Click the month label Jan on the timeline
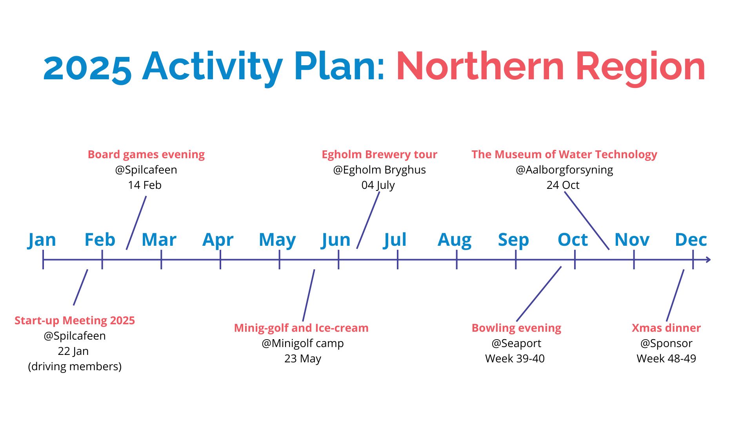tap(42, 240)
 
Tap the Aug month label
tap(455, 240)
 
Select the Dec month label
tap(691, 239)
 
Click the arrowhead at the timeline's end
tap(708, 260)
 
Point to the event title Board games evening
tap(146, 155)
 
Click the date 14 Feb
tap(145, 185)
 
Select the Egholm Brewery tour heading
tap(379, 155)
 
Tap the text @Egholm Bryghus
tap(379, 170)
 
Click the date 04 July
tap(378, 185)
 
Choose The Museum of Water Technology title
tap(564, 155)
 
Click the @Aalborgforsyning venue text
tap(564, 170)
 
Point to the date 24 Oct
tap(563, 185)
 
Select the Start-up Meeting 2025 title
tap(75, 321)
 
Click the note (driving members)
tap(75, 366)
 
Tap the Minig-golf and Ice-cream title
tap(301, 328)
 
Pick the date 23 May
tap(303, 358)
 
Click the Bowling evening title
tap(517, 328)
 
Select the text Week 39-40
tap(515, 358)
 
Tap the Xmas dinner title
tap(666, 328)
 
